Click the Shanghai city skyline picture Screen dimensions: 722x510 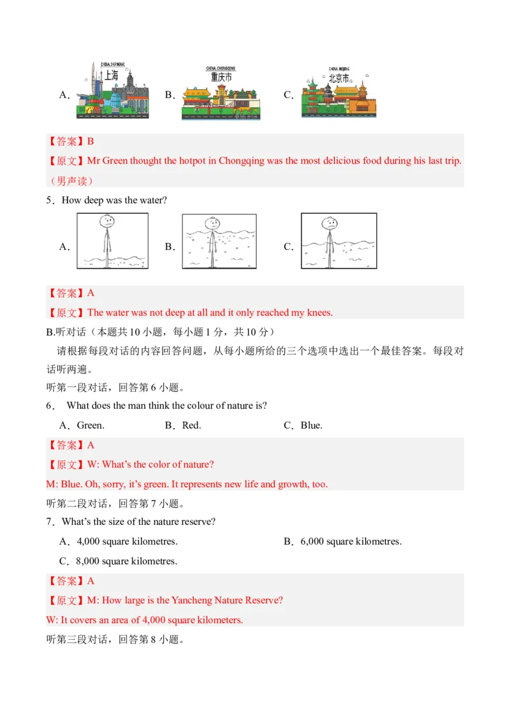coord(112,91)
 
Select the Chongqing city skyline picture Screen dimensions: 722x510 coord(222,94)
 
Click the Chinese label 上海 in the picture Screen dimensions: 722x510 coord(112,75)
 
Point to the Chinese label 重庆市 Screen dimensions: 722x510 coord(222,77)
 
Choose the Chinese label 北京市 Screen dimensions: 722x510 coord(339,78)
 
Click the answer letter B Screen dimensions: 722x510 coord(91,142)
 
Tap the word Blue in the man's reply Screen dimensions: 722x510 coord(71,484)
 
